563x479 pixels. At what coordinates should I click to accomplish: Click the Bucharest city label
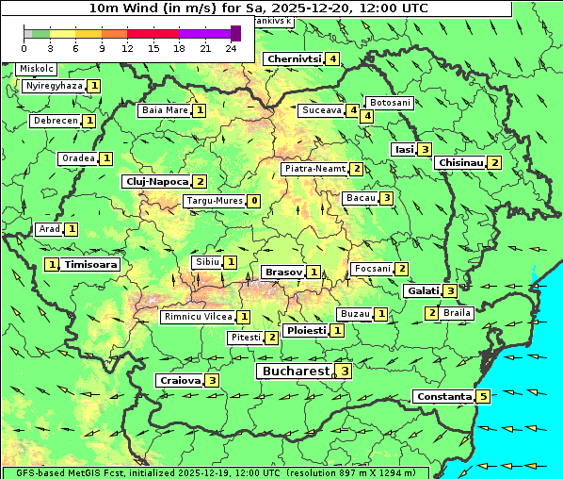pyautogui.click(x=295, y=372)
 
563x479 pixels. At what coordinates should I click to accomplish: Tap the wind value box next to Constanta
pyautogui.click(x=483, y=397)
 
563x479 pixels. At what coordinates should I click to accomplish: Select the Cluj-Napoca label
pyautogui.click(x=156, y=181)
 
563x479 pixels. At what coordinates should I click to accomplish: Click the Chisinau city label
pyautogui.click(x=460, y=162)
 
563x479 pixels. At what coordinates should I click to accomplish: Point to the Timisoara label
pyautogui.click(x=91, y=265)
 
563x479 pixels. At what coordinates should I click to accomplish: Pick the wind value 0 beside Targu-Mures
pyautogui.click(x=254, y=201)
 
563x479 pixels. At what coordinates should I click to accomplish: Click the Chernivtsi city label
pyautogui.click(x=294, y=58)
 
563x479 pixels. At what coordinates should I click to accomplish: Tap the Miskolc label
pyautogui.click(x=37, y=69)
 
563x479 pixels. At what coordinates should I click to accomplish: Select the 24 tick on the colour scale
pyautogui.click(x=231, y=48)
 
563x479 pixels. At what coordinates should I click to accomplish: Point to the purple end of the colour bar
pyautogui.click(x=235, y=33)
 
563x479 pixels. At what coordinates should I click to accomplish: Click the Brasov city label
pyautogui.click(x=283, y=272)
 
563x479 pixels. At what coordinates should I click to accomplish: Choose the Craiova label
pyautogui.click(x=180, y=380)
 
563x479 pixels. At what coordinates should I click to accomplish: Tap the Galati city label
pyautogui.click(x=423, y=290)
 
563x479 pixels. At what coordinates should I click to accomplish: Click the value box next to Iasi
pyautogui.click(x=426, y=149)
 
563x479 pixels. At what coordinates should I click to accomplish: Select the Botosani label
pyautogui.click(x=390, y=102)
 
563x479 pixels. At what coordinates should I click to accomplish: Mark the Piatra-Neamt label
pyautogui.click(x=314, y=169)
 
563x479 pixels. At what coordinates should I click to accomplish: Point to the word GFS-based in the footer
pyautogui.click(x=27, y=472)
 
